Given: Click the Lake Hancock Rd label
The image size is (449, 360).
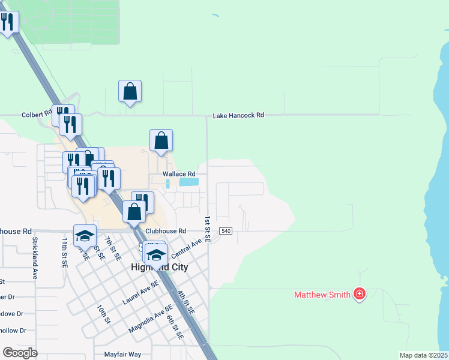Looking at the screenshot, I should click(238, 115).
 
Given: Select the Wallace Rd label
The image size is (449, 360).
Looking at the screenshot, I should click(179, 174).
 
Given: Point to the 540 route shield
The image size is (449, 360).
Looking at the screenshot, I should click(226, 231).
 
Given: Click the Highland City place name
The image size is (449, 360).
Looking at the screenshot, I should click(160, 267).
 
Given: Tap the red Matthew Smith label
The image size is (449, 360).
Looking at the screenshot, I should click(322, 295).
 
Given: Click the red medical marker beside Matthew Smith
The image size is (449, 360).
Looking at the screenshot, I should click(360, 293).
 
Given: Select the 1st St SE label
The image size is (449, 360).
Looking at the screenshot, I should click(207, 229).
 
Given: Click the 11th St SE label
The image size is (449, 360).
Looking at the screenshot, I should click(64, 251).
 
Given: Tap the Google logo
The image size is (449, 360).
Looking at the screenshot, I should click(20, 353).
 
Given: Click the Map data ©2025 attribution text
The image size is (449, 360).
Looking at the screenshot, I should click(423, 355).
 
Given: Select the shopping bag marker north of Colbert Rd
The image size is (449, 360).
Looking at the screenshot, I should click(130, 92).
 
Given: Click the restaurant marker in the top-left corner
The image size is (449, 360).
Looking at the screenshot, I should click(7, 23).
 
